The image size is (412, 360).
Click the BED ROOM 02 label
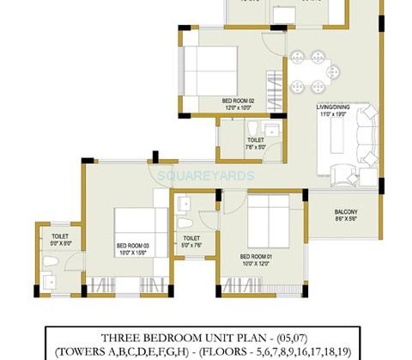click(x=239, y=100)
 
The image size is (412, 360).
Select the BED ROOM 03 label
click(x=133, y=246)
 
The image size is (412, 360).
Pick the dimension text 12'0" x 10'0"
click(x=239, y=108)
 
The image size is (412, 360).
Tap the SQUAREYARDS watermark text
click(x=206, y=175)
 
